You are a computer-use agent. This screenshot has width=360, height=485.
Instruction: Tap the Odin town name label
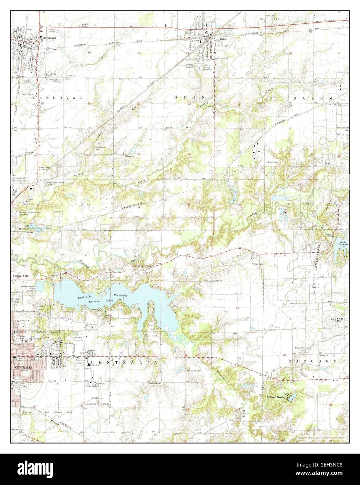point(223,39)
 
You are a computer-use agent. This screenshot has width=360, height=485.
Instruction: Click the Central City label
point(21,276)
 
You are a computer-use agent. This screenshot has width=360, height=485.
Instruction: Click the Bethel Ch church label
point(131,157)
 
